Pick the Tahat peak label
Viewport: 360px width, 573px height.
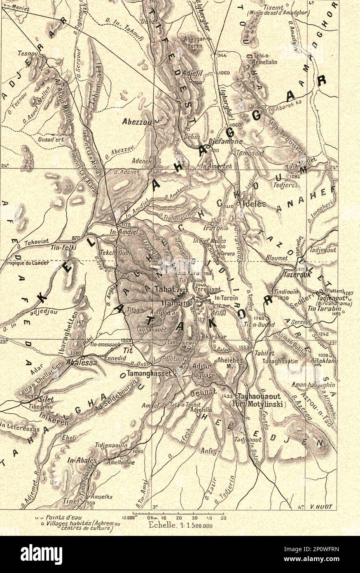point(164,289)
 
